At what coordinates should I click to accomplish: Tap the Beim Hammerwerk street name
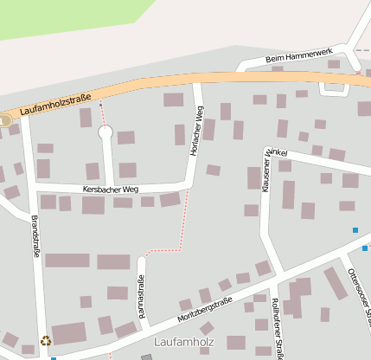300,57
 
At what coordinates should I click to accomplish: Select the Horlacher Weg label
196,131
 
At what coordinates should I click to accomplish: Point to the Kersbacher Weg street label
110,189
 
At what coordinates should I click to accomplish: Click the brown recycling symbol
46,341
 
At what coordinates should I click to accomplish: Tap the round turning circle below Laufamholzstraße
106,132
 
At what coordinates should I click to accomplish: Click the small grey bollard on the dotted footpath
101,106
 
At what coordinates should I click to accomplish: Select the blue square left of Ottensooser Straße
355,230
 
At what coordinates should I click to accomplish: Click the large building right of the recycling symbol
69,334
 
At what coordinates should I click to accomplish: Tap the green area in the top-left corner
61,17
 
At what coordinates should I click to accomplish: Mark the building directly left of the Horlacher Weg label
180,134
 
